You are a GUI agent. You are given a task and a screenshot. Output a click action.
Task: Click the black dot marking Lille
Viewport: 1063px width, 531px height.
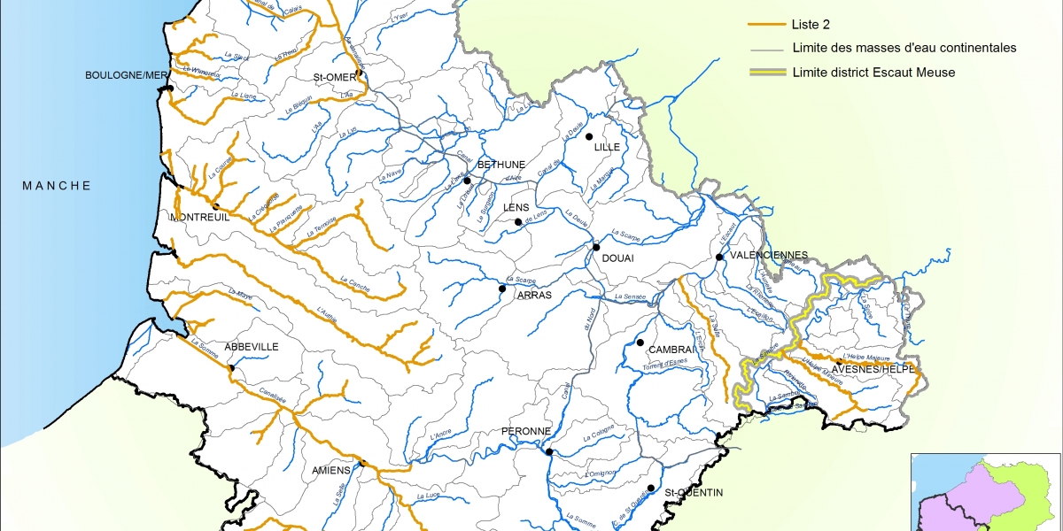(x=588, y=136)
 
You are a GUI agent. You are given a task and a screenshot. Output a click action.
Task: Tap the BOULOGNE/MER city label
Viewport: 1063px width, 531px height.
(x=126, y=76)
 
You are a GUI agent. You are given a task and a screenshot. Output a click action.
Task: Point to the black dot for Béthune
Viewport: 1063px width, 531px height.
(x=467, y=180)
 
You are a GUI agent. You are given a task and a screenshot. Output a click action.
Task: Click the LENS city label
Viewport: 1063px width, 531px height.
(x=516, y=208)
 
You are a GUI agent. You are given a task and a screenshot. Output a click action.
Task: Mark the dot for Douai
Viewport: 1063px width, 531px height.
(x=597, y=247)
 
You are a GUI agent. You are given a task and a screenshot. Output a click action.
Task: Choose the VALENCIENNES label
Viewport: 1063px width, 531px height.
(x=768, y=255)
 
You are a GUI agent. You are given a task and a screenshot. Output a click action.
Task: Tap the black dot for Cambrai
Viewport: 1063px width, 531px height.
(x=640, y=342)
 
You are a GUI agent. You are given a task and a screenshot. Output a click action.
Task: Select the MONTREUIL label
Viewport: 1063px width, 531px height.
(x=199, y=217)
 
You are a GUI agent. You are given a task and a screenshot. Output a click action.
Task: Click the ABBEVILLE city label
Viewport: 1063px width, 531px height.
(x=252, y=347)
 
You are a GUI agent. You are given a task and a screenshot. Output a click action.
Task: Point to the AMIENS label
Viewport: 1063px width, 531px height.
(x=332, y=470)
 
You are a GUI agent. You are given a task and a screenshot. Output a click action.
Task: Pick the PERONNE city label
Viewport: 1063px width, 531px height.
(x=527, y=431)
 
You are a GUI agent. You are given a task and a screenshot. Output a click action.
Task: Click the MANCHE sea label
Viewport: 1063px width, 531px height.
(x=57, y=186)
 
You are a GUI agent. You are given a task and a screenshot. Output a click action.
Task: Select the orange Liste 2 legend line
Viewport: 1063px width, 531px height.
(x=766, y=25)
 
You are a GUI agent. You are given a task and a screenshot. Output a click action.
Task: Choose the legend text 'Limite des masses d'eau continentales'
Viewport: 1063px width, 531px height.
(x=904, y=49)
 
